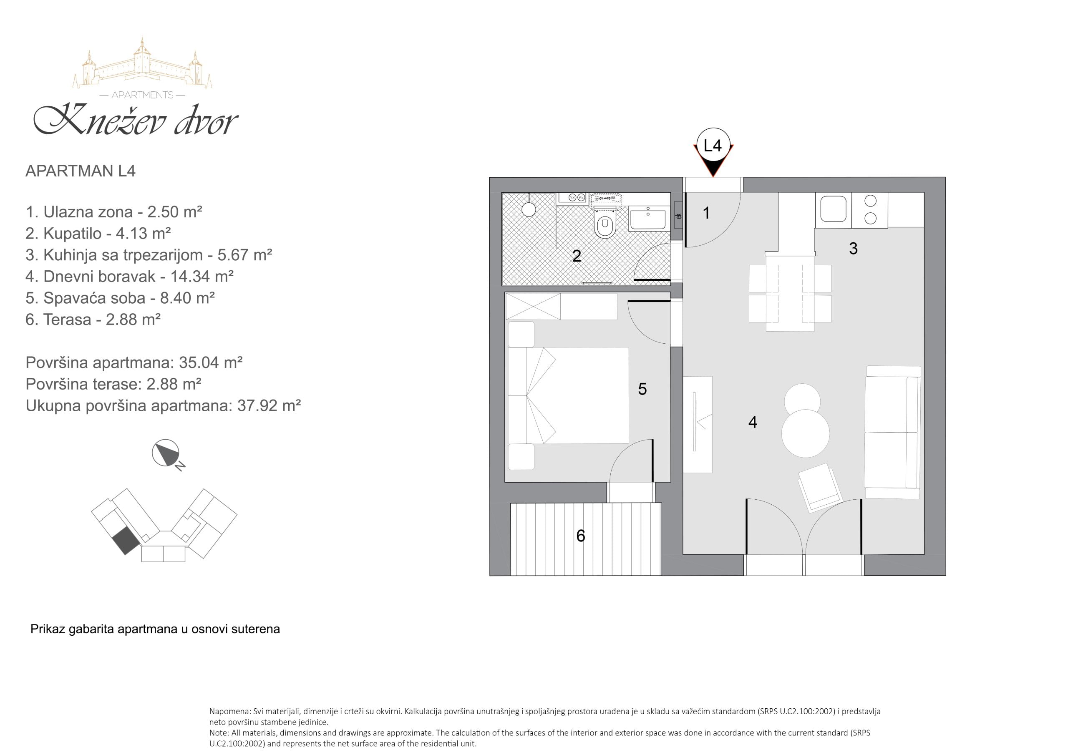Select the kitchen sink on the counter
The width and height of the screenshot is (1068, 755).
pos(833,209)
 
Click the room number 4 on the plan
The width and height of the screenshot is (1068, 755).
pos(753,422)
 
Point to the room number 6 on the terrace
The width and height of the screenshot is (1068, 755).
pos(580,536)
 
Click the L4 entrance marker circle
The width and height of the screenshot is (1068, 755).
pos(713,145)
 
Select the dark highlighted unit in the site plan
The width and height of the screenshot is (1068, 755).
pos(126,541)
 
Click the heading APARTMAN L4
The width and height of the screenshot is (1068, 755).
pos(81,171)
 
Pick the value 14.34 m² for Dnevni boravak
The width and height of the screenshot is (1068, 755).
pos(202,276)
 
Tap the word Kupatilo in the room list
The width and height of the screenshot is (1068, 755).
pos(73,234)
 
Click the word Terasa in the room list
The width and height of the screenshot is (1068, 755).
pos(67,320)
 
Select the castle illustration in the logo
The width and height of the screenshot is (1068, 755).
pos(142,63)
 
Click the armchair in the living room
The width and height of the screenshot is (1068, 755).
pos(820,488)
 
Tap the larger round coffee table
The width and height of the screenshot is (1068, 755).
pos(806,433)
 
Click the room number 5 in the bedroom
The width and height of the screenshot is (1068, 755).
pos(642,389)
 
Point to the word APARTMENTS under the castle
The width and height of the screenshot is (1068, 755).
pos(142,95)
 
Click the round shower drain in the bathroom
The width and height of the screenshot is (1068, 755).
pos(529,209)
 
